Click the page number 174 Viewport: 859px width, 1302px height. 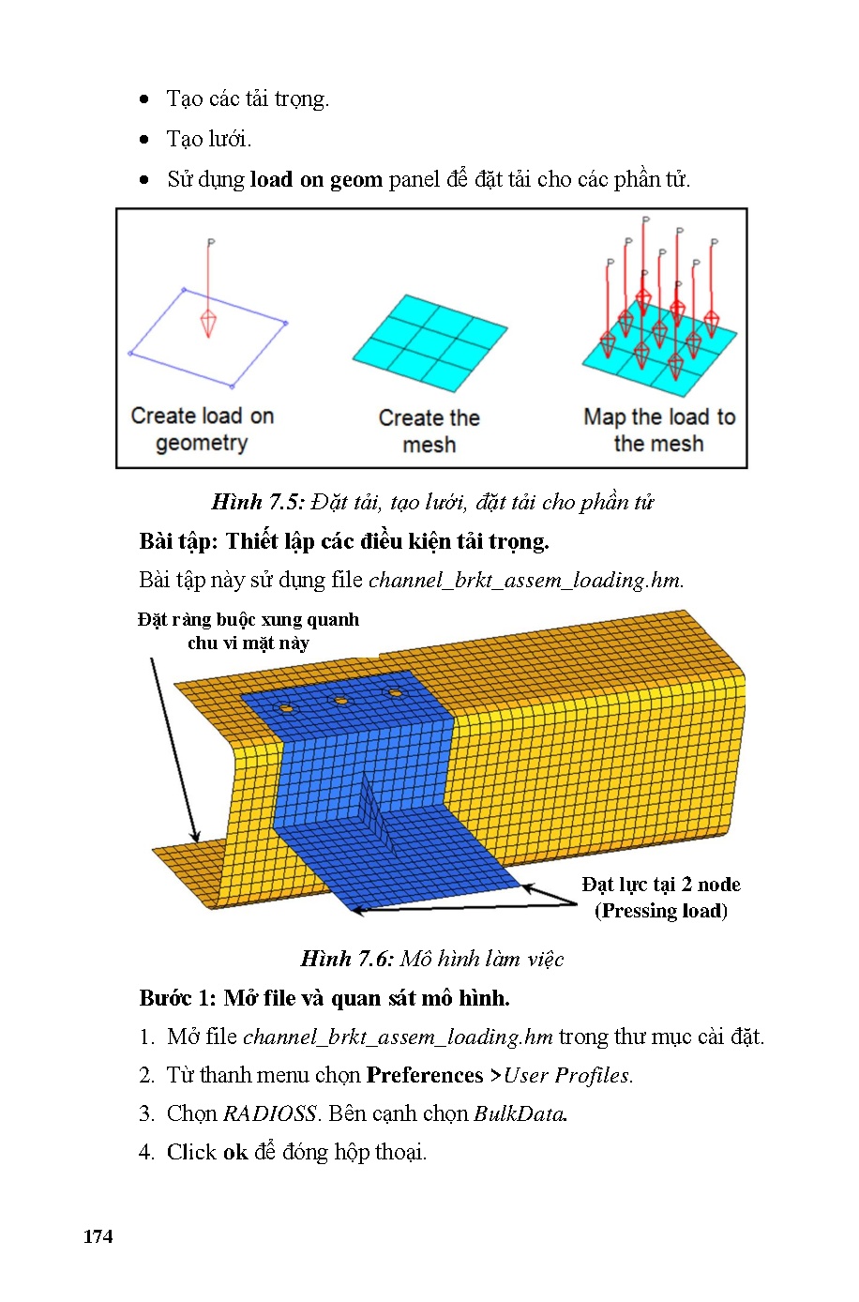coord(98,1236)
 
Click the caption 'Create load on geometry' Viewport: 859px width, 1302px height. coord(202,429)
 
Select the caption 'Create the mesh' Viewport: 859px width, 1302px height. coord(429,431)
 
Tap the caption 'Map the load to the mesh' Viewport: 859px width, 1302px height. coord(658,430)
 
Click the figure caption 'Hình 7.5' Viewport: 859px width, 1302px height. coord(258,502)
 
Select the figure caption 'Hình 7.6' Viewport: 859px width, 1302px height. coord(346,959)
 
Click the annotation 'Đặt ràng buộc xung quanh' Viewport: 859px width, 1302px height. coord(248,619)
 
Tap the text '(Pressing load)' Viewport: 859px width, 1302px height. coord(660,911)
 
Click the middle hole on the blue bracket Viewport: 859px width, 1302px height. coord(341,701)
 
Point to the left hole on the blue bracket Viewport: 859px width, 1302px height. coord(287,708)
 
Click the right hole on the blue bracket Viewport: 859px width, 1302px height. coord(395,693)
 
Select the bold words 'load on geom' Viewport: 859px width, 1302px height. coord(316,179)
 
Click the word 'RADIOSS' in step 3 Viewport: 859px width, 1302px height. coord(270,1113)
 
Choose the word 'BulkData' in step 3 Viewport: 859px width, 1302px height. coord(520,1113)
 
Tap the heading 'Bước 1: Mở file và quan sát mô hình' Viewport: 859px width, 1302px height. coord(324,998)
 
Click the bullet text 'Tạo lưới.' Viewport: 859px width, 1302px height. coord(209,139)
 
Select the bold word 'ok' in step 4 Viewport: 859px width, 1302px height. coord(235,1152)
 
